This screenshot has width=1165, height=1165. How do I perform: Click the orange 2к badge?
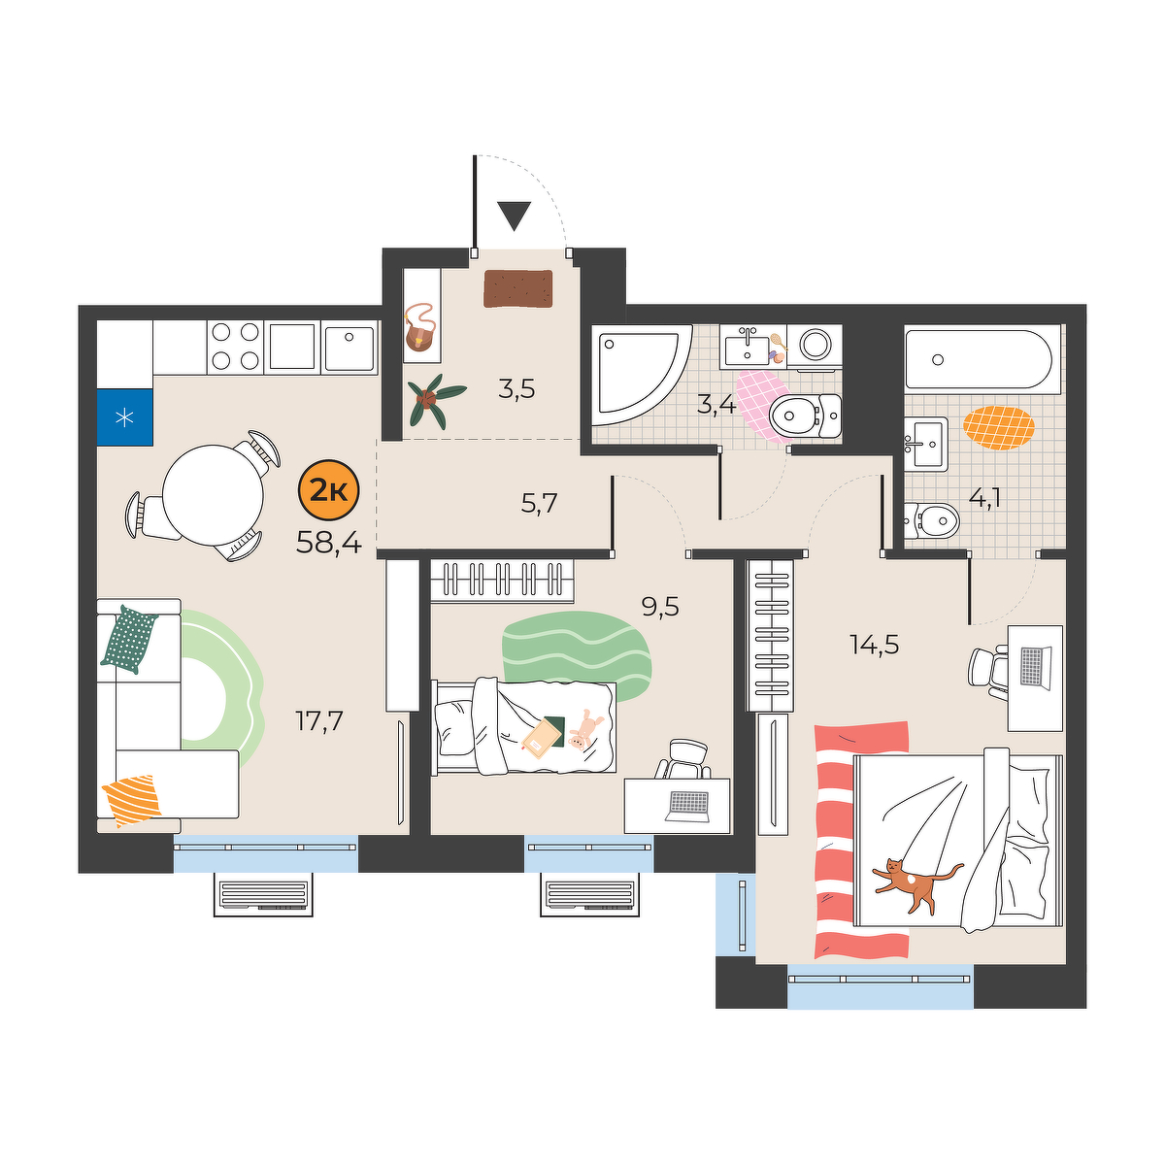(329, 490)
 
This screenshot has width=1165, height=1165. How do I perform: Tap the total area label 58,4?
(329, 544)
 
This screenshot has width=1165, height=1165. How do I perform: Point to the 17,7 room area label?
(318, 720)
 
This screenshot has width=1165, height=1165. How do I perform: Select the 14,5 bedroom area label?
(874, 646)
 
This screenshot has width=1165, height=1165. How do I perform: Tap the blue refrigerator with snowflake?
(124, 417)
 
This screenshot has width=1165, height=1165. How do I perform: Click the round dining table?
(213, 495)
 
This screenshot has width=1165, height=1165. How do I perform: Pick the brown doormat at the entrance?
(518, 288)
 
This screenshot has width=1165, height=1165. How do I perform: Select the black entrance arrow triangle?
(515, 216)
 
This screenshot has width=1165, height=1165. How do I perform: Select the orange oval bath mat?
(999, 428)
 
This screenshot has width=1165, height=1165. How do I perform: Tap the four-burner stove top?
(235, 347)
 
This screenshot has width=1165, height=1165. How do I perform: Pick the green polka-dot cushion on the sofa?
(129, 639)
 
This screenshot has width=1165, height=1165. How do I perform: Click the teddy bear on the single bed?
(584, 732)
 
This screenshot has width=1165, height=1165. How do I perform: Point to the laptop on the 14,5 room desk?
(1034, 666)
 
